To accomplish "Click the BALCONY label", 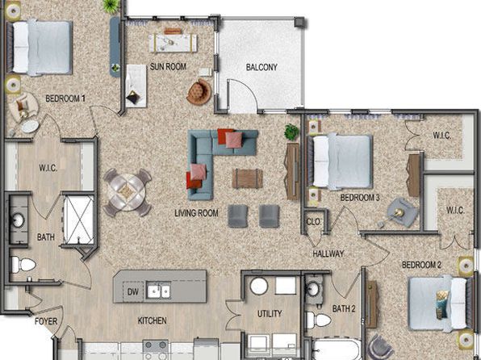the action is click(261, 67).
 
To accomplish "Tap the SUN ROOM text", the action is click(168, 66).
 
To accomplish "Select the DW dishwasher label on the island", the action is click(133, 291).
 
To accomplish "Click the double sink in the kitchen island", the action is click(159, 291).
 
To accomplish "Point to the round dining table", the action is click(127, 192).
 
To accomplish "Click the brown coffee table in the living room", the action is click(247, 178).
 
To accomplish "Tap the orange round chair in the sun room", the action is click(199, 92).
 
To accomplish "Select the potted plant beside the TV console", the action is click(291, 132).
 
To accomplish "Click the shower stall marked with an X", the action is click(78, 220).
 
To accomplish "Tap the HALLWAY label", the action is click(328, 253).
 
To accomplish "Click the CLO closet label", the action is click(313, 222).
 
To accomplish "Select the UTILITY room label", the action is click(270, 314).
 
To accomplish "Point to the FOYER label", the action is click(46, 321).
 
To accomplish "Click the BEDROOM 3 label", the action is click(360, 198).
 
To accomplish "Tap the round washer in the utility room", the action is click(259, 286).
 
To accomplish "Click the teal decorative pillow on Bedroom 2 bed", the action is click(441, 304).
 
